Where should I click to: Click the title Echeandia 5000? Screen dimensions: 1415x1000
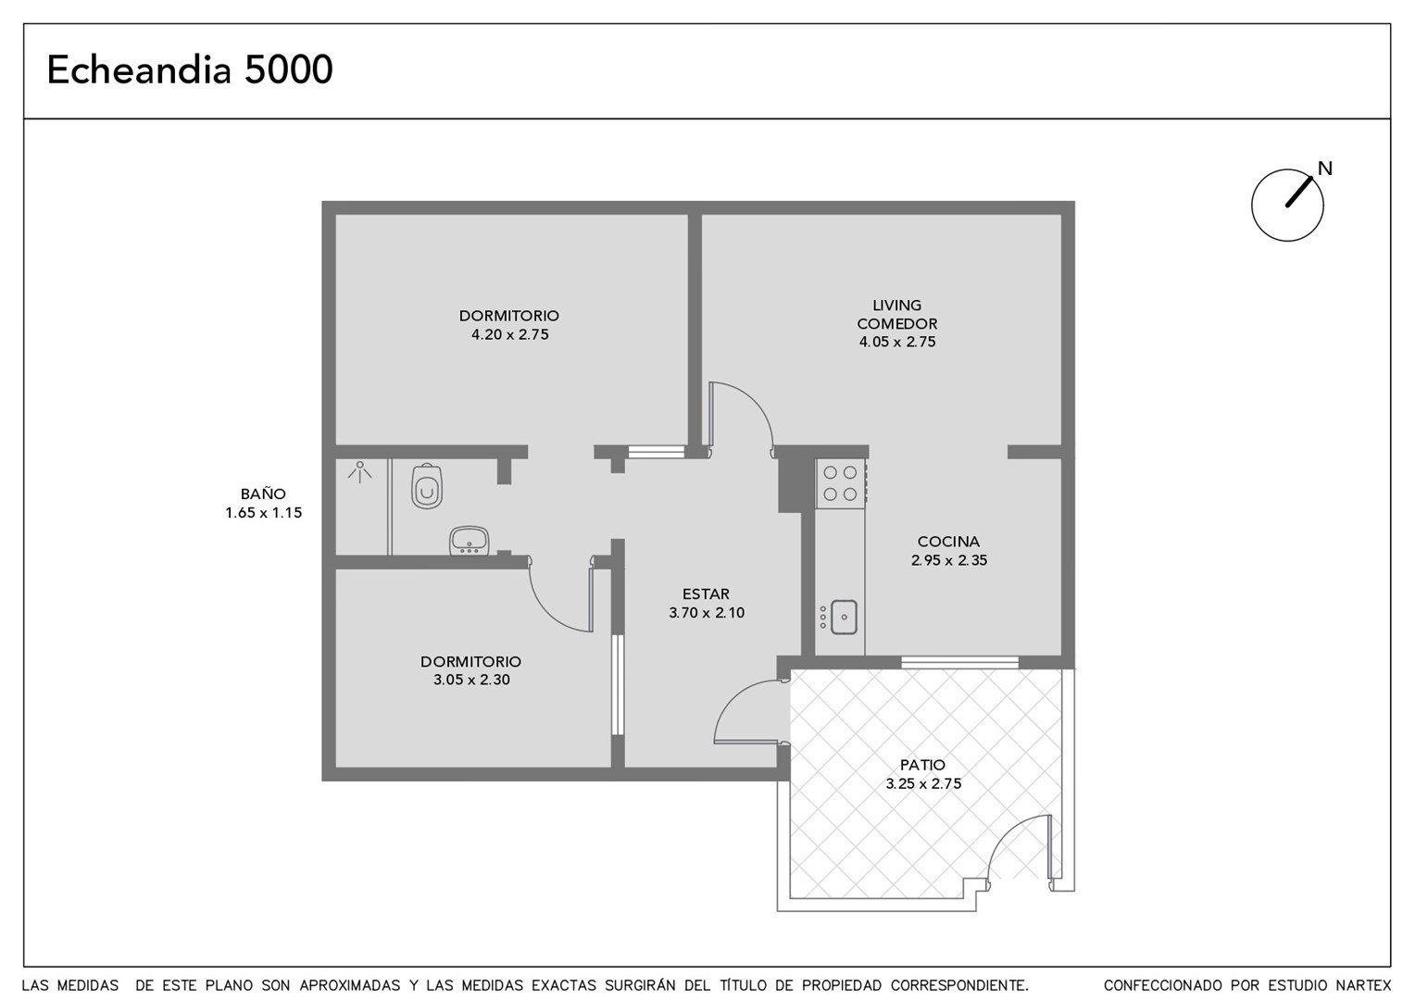[190, 69]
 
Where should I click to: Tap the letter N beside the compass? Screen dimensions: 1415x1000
[1324, 169]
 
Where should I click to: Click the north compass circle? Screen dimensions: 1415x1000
[1287, 205]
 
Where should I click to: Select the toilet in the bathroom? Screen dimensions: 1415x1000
[426, 486]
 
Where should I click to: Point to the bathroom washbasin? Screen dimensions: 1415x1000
[469, 542]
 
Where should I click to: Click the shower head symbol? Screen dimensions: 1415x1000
[359, 472]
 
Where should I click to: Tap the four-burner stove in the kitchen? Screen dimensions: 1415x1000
[840, 483]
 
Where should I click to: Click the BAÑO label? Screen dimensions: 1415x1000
[263, 494]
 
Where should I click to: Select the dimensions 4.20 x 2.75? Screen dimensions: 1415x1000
[509, 335]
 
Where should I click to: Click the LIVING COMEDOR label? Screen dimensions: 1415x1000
[897, 315]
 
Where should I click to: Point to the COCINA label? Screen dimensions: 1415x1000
[948, 542]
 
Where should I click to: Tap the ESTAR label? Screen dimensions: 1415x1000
[706, 594]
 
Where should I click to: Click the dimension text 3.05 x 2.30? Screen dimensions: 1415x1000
[471, 680]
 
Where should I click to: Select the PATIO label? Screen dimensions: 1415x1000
[923, 765]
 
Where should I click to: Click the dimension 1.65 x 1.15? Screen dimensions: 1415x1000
[263, 513]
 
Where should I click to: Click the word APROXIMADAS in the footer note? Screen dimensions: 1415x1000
[349, 985]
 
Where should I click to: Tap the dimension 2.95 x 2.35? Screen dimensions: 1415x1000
[949, 560]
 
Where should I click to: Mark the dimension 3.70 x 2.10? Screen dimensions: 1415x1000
[707, 613]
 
